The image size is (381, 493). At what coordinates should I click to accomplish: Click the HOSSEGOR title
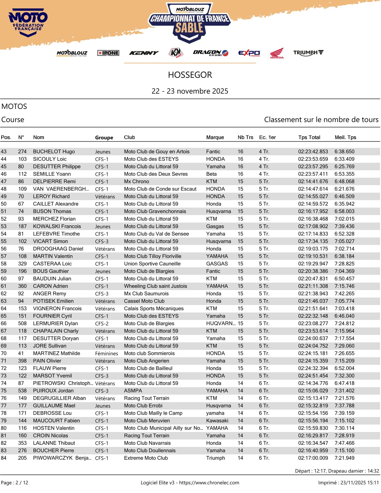pos(190,75)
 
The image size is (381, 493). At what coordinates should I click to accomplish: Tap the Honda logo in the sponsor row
pos(277,53)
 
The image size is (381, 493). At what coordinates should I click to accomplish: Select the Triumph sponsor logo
pos(308,53)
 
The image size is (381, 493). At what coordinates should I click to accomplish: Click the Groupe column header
pos(104,138)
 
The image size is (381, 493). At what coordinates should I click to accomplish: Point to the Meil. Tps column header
pos(345,137)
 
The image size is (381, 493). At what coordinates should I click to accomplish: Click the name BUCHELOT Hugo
pos(54,152)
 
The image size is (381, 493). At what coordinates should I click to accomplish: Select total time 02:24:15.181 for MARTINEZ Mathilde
pos(313,353)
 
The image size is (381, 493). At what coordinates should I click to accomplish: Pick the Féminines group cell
pos(106,354)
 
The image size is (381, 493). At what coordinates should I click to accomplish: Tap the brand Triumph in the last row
pos(215,458)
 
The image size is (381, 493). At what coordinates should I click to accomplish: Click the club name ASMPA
pos(133,391)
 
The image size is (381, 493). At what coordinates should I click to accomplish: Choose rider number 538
pos(22,391)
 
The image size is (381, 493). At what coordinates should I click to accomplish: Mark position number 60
pos(4,279)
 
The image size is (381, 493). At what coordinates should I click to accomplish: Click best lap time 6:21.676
pos(344,189)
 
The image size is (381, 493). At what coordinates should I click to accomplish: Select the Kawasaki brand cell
pos(217,420)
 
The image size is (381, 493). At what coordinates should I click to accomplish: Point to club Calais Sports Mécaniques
pos(154,308)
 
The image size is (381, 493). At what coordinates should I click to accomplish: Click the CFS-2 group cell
pos(102,324)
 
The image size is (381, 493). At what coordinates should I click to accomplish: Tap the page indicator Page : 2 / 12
pos(15,483)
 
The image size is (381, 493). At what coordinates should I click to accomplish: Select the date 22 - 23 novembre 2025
pos(190,91)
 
